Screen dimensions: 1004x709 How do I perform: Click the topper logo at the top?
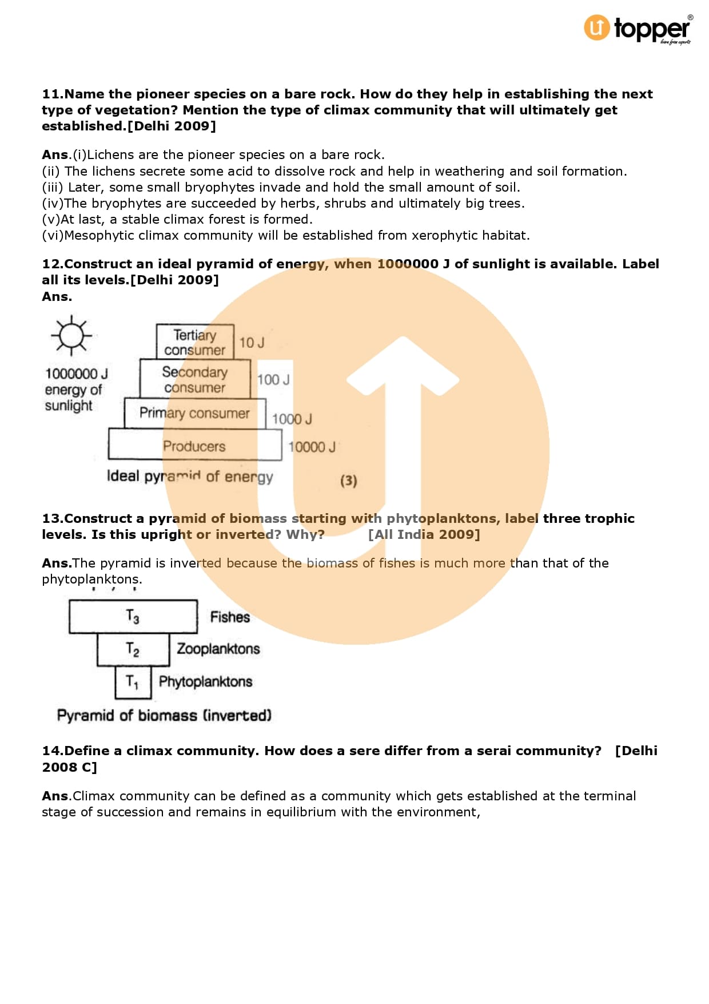coord(637,29)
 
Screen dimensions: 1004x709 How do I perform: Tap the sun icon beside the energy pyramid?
coord(71,335)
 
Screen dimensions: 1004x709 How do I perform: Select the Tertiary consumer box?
coord(195,342)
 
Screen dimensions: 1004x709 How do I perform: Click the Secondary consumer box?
coord(195,379)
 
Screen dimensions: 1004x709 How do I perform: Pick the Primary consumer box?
coord(195,413)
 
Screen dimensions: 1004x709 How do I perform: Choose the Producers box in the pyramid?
coord(194,446)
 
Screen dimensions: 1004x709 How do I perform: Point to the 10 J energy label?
coord(252,343)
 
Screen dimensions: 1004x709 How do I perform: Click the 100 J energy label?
coord(273,380)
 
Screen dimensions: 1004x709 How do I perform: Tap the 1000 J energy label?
coord(292,419)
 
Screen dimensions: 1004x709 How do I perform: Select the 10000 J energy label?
coord(312,447)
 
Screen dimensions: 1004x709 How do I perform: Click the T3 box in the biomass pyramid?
coord(133,616)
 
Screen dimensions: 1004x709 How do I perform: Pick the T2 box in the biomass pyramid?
coord(133,649)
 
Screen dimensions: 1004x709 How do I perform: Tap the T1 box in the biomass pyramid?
coord(133,682)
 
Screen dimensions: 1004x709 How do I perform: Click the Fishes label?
coord(230,617)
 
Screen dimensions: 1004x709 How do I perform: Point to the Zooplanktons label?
coord(218,649)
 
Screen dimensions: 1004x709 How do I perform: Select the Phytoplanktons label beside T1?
coord(206,681)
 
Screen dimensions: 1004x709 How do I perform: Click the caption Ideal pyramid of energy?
coord(190,477)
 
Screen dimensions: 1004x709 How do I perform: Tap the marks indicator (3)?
coord(349,481)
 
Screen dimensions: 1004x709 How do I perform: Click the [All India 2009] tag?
coord(424,534)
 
